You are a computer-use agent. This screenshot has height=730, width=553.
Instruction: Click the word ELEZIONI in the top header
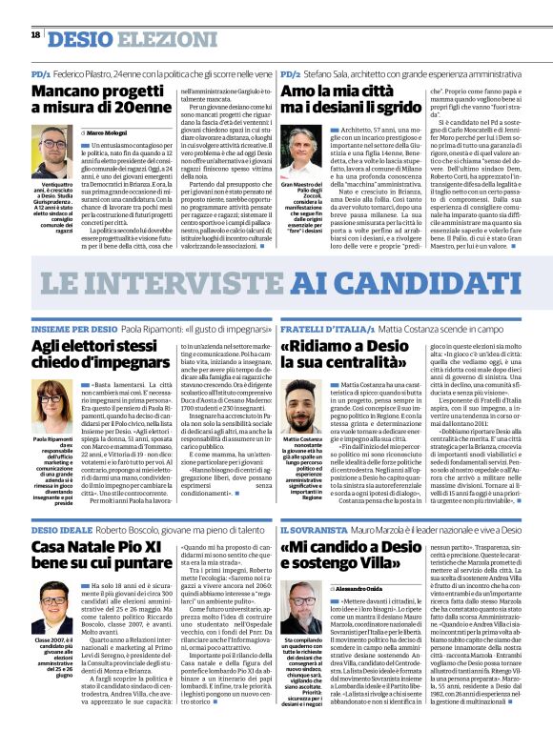point(157,39)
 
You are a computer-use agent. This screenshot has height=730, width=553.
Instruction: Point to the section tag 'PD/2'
point(291,73)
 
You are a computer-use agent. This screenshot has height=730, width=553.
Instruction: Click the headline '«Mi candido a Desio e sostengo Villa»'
point(393,559)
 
